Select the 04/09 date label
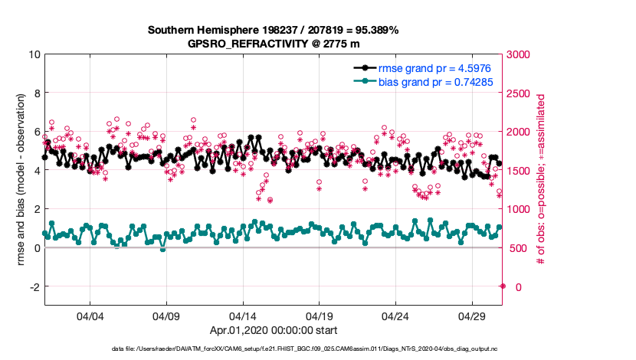point(166,316)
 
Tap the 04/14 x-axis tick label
point(242,316)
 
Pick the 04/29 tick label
point(470,316)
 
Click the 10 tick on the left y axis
point(34,54)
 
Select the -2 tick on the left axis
point(34,286)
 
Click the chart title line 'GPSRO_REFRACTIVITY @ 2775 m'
point(274,44)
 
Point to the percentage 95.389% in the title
point(375,30)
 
